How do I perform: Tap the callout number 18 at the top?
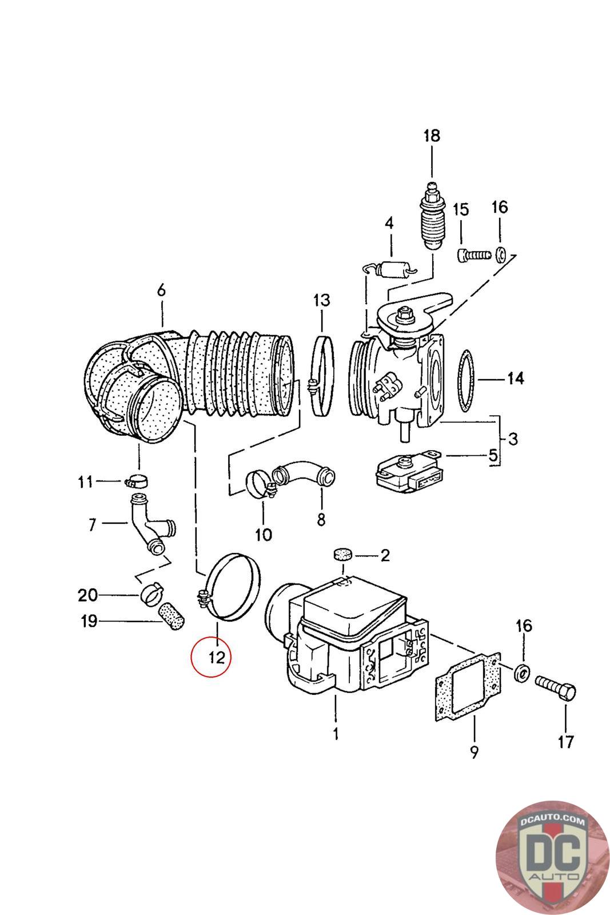[x=432, y=135]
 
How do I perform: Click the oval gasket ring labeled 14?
[x=460, y=380]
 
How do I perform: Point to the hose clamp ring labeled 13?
[x=315, y=375]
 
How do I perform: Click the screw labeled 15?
[x=473, y=255]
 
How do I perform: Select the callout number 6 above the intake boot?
[x=162, y=291]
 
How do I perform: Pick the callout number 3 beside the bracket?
[x=513, y=439]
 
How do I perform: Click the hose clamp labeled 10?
[x=261, y=484]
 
